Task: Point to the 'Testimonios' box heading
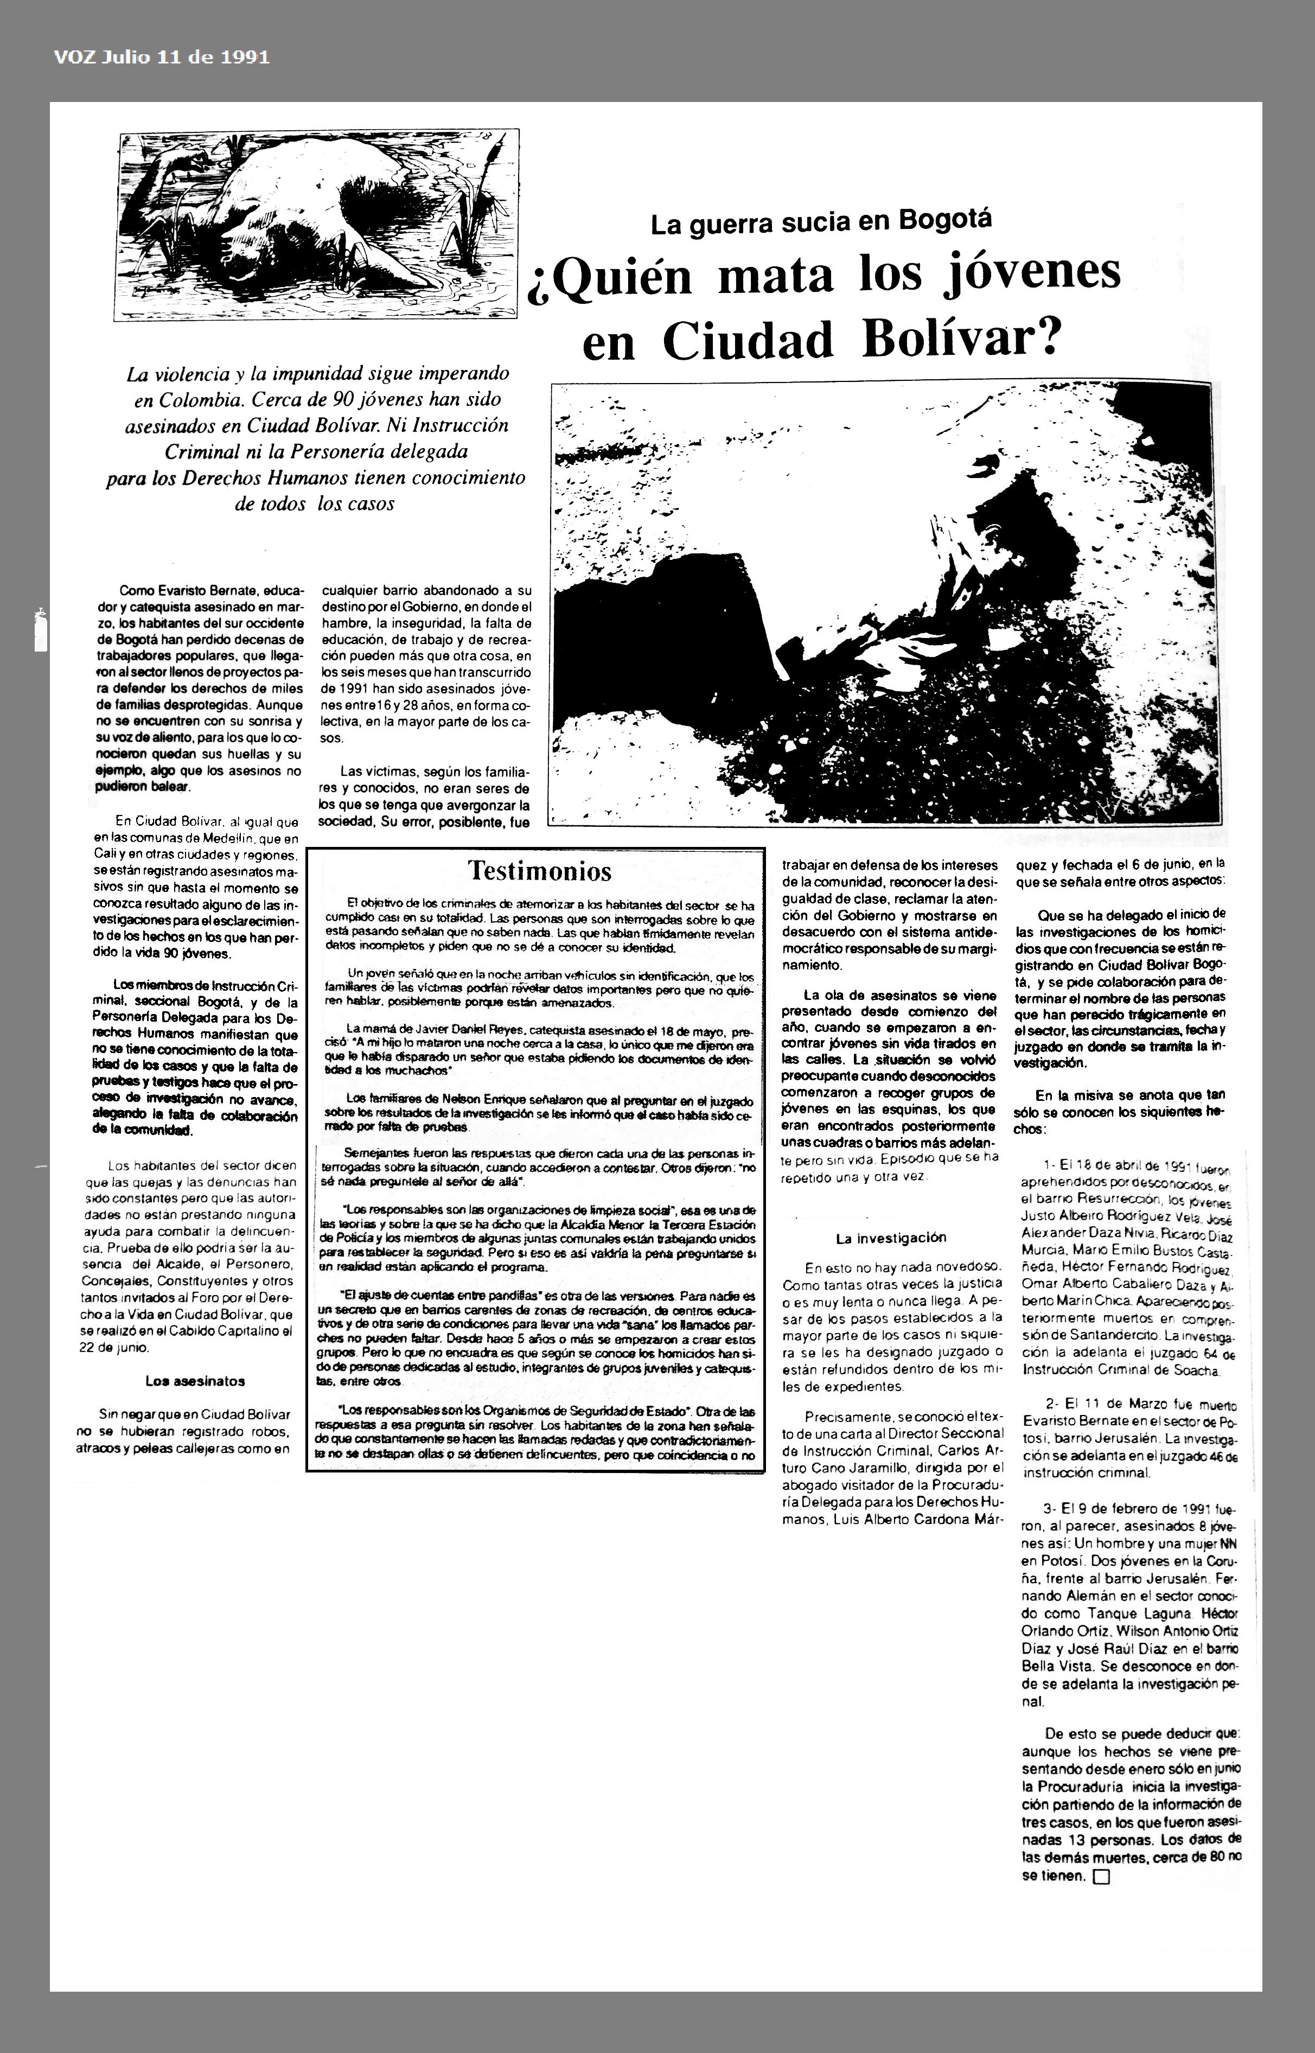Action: point(540,871)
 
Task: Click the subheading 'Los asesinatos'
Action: point(183,1381)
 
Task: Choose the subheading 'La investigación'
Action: point(891,1238)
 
